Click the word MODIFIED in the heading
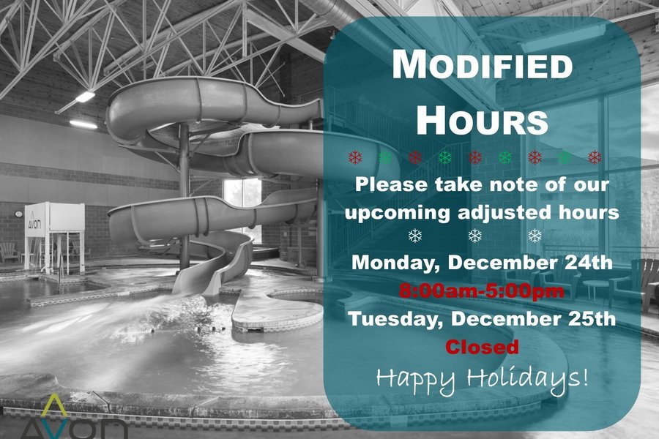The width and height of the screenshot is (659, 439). tap(482, 64)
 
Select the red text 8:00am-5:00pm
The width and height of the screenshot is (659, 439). tap(482, 290)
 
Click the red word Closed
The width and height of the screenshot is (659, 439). tap(482, 347)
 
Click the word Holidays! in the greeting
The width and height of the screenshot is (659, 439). tap(528, 379)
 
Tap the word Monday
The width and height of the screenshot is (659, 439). tap(395, 263)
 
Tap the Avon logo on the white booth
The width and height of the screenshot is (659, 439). tap(35, 222)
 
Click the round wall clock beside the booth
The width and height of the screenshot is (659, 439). tap(18, 214)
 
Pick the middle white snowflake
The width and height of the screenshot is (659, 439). tap(475, 236)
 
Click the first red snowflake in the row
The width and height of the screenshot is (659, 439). tap(355, 157)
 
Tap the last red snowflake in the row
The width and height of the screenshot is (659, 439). tap(595, 157)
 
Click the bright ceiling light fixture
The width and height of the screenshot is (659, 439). tap(84, 97)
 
